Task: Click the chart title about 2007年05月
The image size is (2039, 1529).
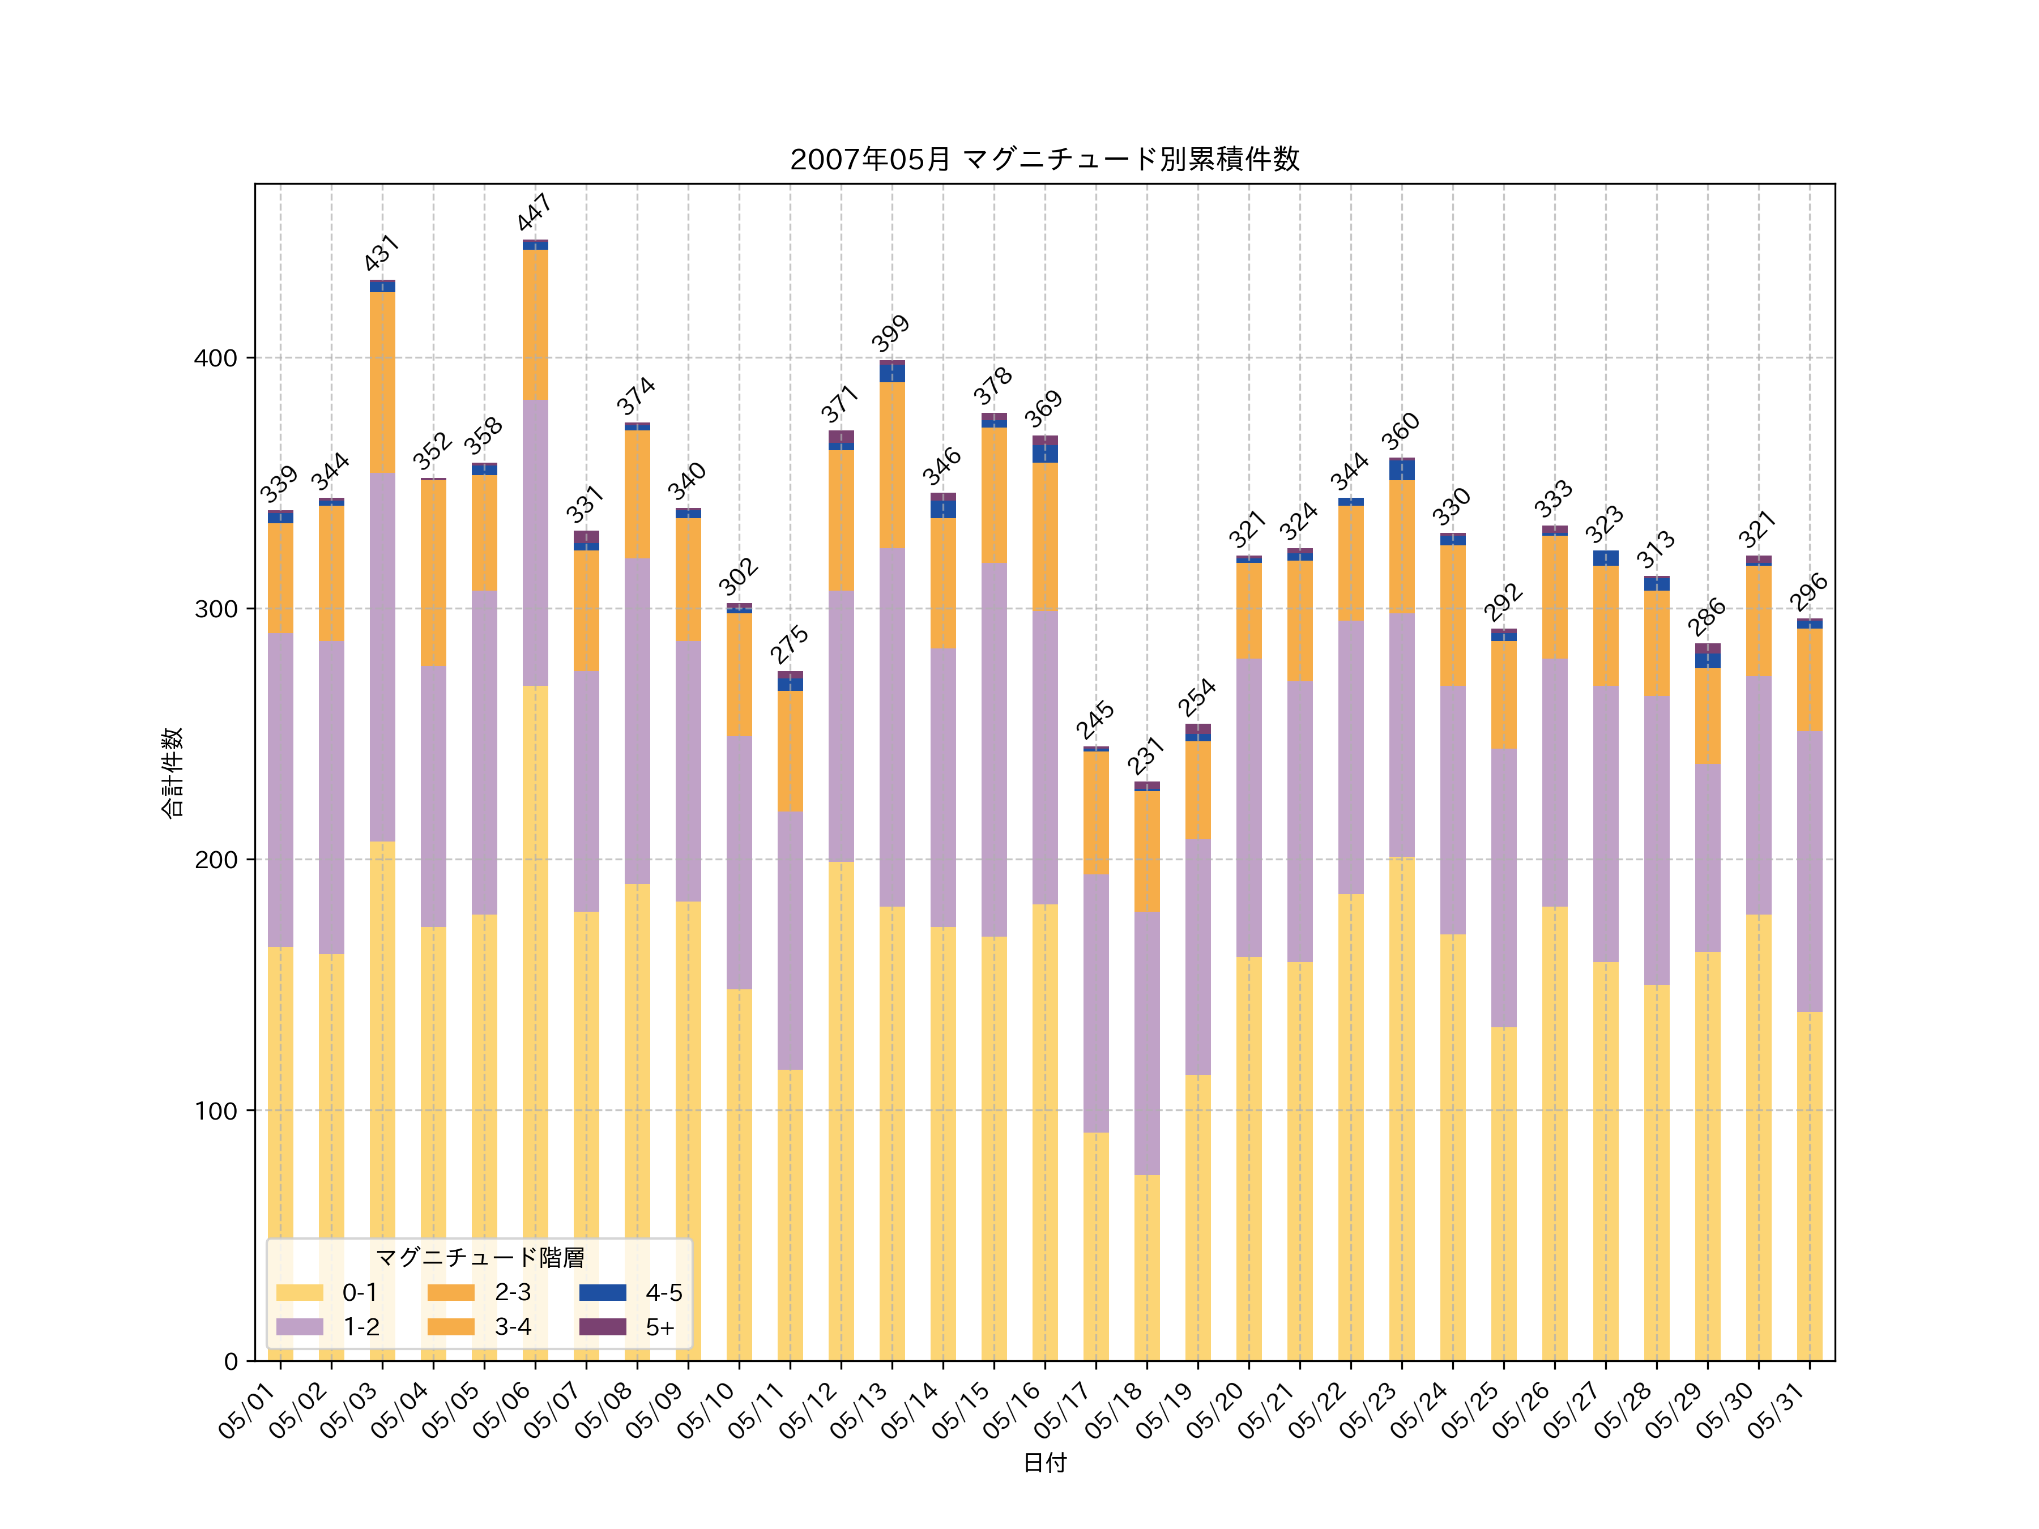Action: tap(1044, 160)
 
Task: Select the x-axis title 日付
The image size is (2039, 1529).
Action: tap(1044, 1463)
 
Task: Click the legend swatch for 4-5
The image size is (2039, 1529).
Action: tap(602, 1292)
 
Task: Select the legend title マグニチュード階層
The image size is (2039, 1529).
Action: tap(479, 1258)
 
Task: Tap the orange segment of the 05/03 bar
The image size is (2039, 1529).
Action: tap(382, 382)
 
